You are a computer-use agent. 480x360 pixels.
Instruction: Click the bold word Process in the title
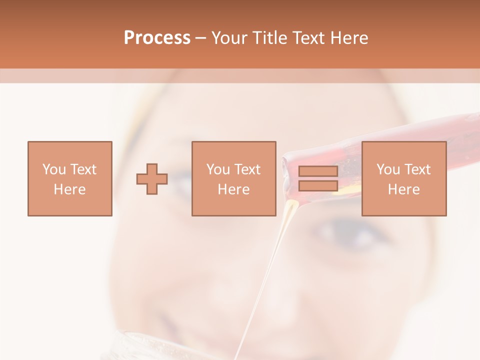click(157, 38)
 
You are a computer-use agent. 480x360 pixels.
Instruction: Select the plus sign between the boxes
click(152, 179)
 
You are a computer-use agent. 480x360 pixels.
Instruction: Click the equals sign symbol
click(318, 178)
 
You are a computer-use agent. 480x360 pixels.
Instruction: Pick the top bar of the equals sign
click(318, 171)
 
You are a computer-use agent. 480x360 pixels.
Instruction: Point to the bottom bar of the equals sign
click(318, 185)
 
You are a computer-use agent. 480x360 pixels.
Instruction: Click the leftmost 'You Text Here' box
click(69, 178)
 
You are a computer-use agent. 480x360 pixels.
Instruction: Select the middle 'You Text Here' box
click(233, 178)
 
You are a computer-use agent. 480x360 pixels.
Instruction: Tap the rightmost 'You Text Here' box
click(403, 178)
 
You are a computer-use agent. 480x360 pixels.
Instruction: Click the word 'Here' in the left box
click(69, 189)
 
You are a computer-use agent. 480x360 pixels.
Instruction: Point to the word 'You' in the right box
click(388, 169)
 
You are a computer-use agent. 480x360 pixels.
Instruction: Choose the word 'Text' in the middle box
click(247, 169)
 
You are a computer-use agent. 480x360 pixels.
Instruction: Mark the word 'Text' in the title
click(307, 38)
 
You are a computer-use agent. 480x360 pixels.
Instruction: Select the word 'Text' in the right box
click(417, 169)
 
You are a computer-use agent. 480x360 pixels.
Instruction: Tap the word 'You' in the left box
click(54, 169)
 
